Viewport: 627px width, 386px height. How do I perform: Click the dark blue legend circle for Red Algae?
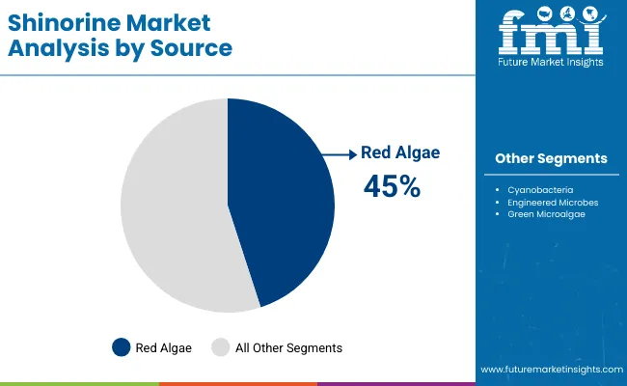[x=122, y=347]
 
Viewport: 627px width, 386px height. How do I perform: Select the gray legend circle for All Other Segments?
[x=221, y=347]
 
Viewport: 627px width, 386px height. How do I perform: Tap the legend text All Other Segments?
[x=287, y=347]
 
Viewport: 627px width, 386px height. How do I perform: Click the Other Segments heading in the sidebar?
[x=551, y=158]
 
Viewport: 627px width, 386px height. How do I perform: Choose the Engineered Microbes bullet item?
[x=551, y=203]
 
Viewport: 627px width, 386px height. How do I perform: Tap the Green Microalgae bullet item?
[x=546, y=214]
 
